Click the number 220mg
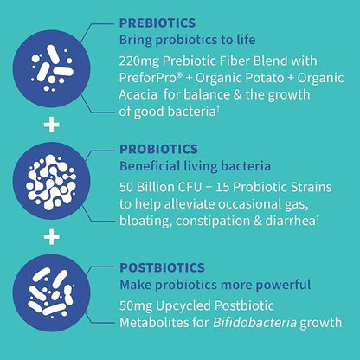pos(138,61)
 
